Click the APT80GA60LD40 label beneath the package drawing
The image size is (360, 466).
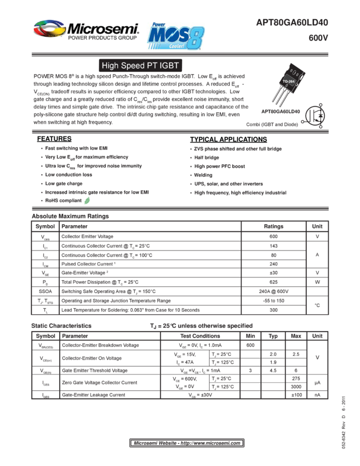(x=280, y=111)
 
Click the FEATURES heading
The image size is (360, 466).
(x=55, y=139)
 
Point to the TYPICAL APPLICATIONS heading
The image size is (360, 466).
(x=228, y=139)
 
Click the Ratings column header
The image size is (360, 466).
(x=273, y=226)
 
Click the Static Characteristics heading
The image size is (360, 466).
(x=61, y=326)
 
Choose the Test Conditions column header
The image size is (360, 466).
(x=200, y=336)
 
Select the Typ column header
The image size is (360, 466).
(x=273, y=336)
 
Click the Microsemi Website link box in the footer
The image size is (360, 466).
(x=187, y=442)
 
